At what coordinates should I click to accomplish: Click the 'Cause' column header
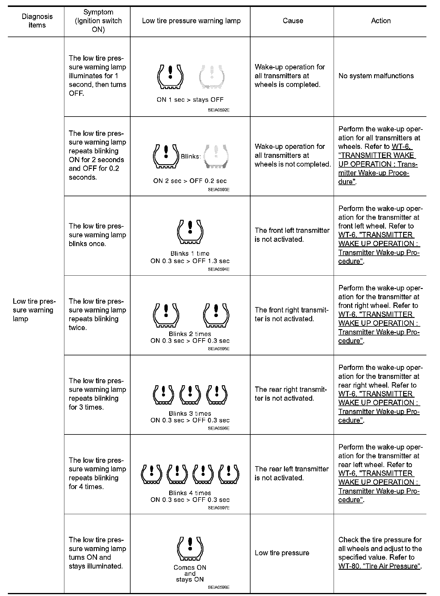click(293, 21)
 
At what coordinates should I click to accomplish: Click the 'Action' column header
click(380, 21)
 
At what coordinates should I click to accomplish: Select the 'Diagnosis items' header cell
click(37, 21)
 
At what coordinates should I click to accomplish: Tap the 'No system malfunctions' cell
click(376, 76)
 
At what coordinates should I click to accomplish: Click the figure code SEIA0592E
click(218, 110)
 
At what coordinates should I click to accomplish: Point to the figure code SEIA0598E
click(218, 587)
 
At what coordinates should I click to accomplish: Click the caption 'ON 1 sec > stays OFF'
click(190, 100)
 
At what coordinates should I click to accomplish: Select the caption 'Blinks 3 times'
click(190, 413)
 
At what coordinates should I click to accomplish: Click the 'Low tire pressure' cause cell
click(282, 553)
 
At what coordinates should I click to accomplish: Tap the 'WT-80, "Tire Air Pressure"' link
click(380, 566)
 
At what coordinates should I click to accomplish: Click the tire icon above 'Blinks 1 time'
click(190, 232)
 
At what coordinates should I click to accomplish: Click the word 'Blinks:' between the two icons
click(190, 156)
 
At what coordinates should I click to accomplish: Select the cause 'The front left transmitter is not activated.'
click(292, 235)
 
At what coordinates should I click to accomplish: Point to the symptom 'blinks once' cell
click(97, 235)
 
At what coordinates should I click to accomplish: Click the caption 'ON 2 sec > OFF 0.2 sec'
click(190, 181)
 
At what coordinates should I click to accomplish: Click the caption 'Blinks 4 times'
click(190, 493)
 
